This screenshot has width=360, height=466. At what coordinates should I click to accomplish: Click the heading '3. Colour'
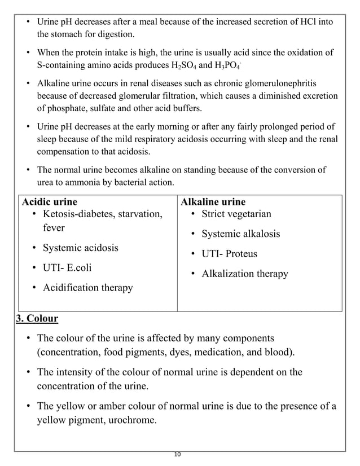37,318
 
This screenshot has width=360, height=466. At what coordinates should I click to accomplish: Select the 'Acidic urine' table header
49,201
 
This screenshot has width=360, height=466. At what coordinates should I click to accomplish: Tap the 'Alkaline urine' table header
212,201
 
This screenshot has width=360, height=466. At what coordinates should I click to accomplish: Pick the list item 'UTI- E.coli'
67,267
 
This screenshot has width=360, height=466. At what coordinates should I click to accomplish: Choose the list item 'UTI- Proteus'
229,253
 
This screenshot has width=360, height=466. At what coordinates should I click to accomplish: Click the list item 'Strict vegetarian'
236,214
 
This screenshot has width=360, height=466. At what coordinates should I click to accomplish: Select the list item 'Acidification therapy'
88,287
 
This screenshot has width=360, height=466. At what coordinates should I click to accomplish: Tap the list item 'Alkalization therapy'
245,274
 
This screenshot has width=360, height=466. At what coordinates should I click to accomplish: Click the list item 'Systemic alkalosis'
240,234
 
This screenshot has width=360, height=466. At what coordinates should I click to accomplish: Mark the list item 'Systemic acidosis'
81,248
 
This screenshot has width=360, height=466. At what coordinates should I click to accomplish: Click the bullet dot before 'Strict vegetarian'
192,214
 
